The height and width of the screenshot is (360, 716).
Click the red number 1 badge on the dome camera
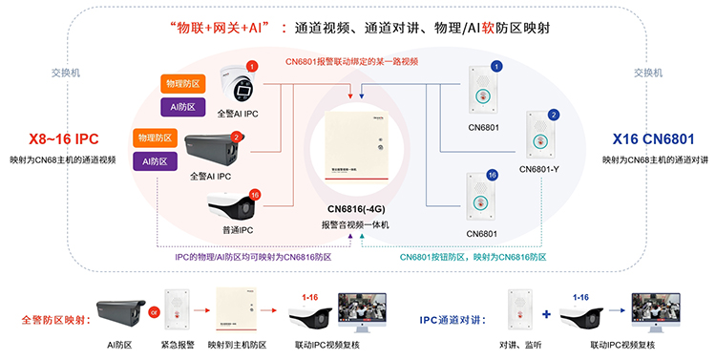tap(252, 67)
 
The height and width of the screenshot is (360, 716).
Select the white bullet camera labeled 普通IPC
tap(234, 205)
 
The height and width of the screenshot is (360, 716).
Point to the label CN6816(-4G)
tap(357, 208)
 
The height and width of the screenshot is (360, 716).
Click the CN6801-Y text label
tap(541, 169)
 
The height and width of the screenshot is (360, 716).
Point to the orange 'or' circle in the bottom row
tap(154, 310)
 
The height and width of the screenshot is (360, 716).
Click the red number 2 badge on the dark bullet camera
tap(236, 137)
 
